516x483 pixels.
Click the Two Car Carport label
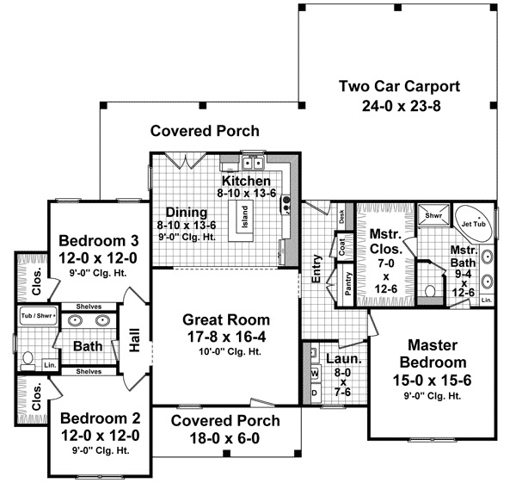tap(400, 86)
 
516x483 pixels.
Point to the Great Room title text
tap(224, 318)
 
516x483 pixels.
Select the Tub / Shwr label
tap(38, 316)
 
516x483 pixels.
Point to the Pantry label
tap(348, 284)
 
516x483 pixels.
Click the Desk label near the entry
tap(341, 218)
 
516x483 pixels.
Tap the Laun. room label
tap(338, 356)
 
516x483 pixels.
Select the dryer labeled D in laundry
tap(314, 393)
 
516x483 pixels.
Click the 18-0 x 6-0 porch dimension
tap(224, 438)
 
